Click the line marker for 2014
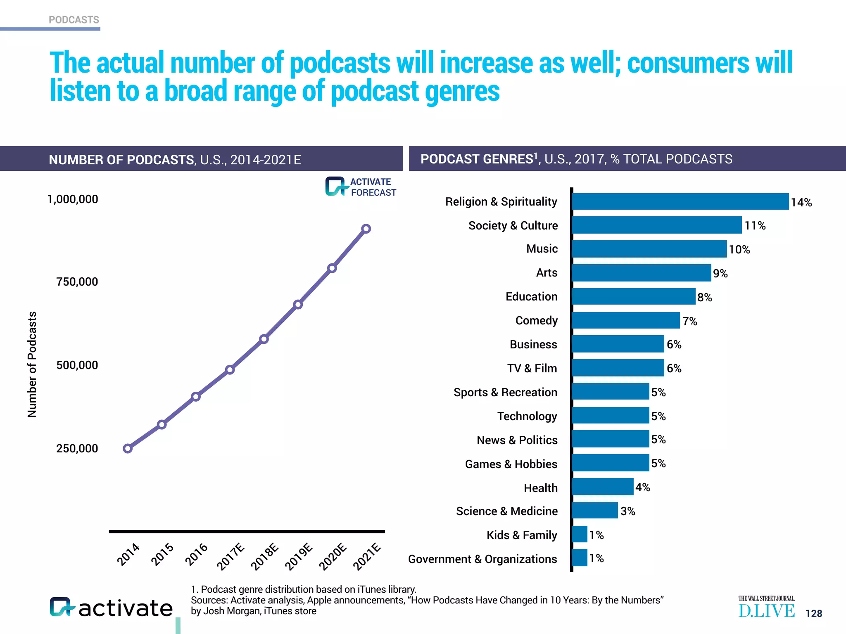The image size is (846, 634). click(x=128, y=448)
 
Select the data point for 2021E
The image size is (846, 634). click(x=366, y=229)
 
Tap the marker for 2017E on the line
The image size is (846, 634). click(x=230, y=369)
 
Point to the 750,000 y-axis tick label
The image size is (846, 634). click(x=77, y=282)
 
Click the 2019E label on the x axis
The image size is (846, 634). click(x=299, y=557)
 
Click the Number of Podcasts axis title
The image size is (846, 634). click(x=32, y=364)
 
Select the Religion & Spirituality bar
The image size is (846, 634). click(x=680, y=201)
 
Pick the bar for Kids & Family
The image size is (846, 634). click(x=580, y=534)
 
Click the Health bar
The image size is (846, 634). click(x=603, y=487)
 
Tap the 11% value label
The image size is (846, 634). click(x=755, y=226)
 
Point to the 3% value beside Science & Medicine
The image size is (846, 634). click(x=627, y=511)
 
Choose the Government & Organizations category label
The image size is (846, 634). click(x=482, y=559)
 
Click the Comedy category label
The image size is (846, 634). click(x=536, y=321)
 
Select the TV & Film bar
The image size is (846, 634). click(x=618, y=368)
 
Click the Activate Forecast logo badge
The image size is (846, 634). click(x=360, y=187)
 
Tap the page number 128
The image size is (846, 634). click(x=813, y=613)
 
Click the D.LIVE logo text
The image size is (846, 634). click(x=766, y=611)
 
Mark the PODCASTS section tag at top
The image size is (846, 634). click(x=74, y=20)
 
